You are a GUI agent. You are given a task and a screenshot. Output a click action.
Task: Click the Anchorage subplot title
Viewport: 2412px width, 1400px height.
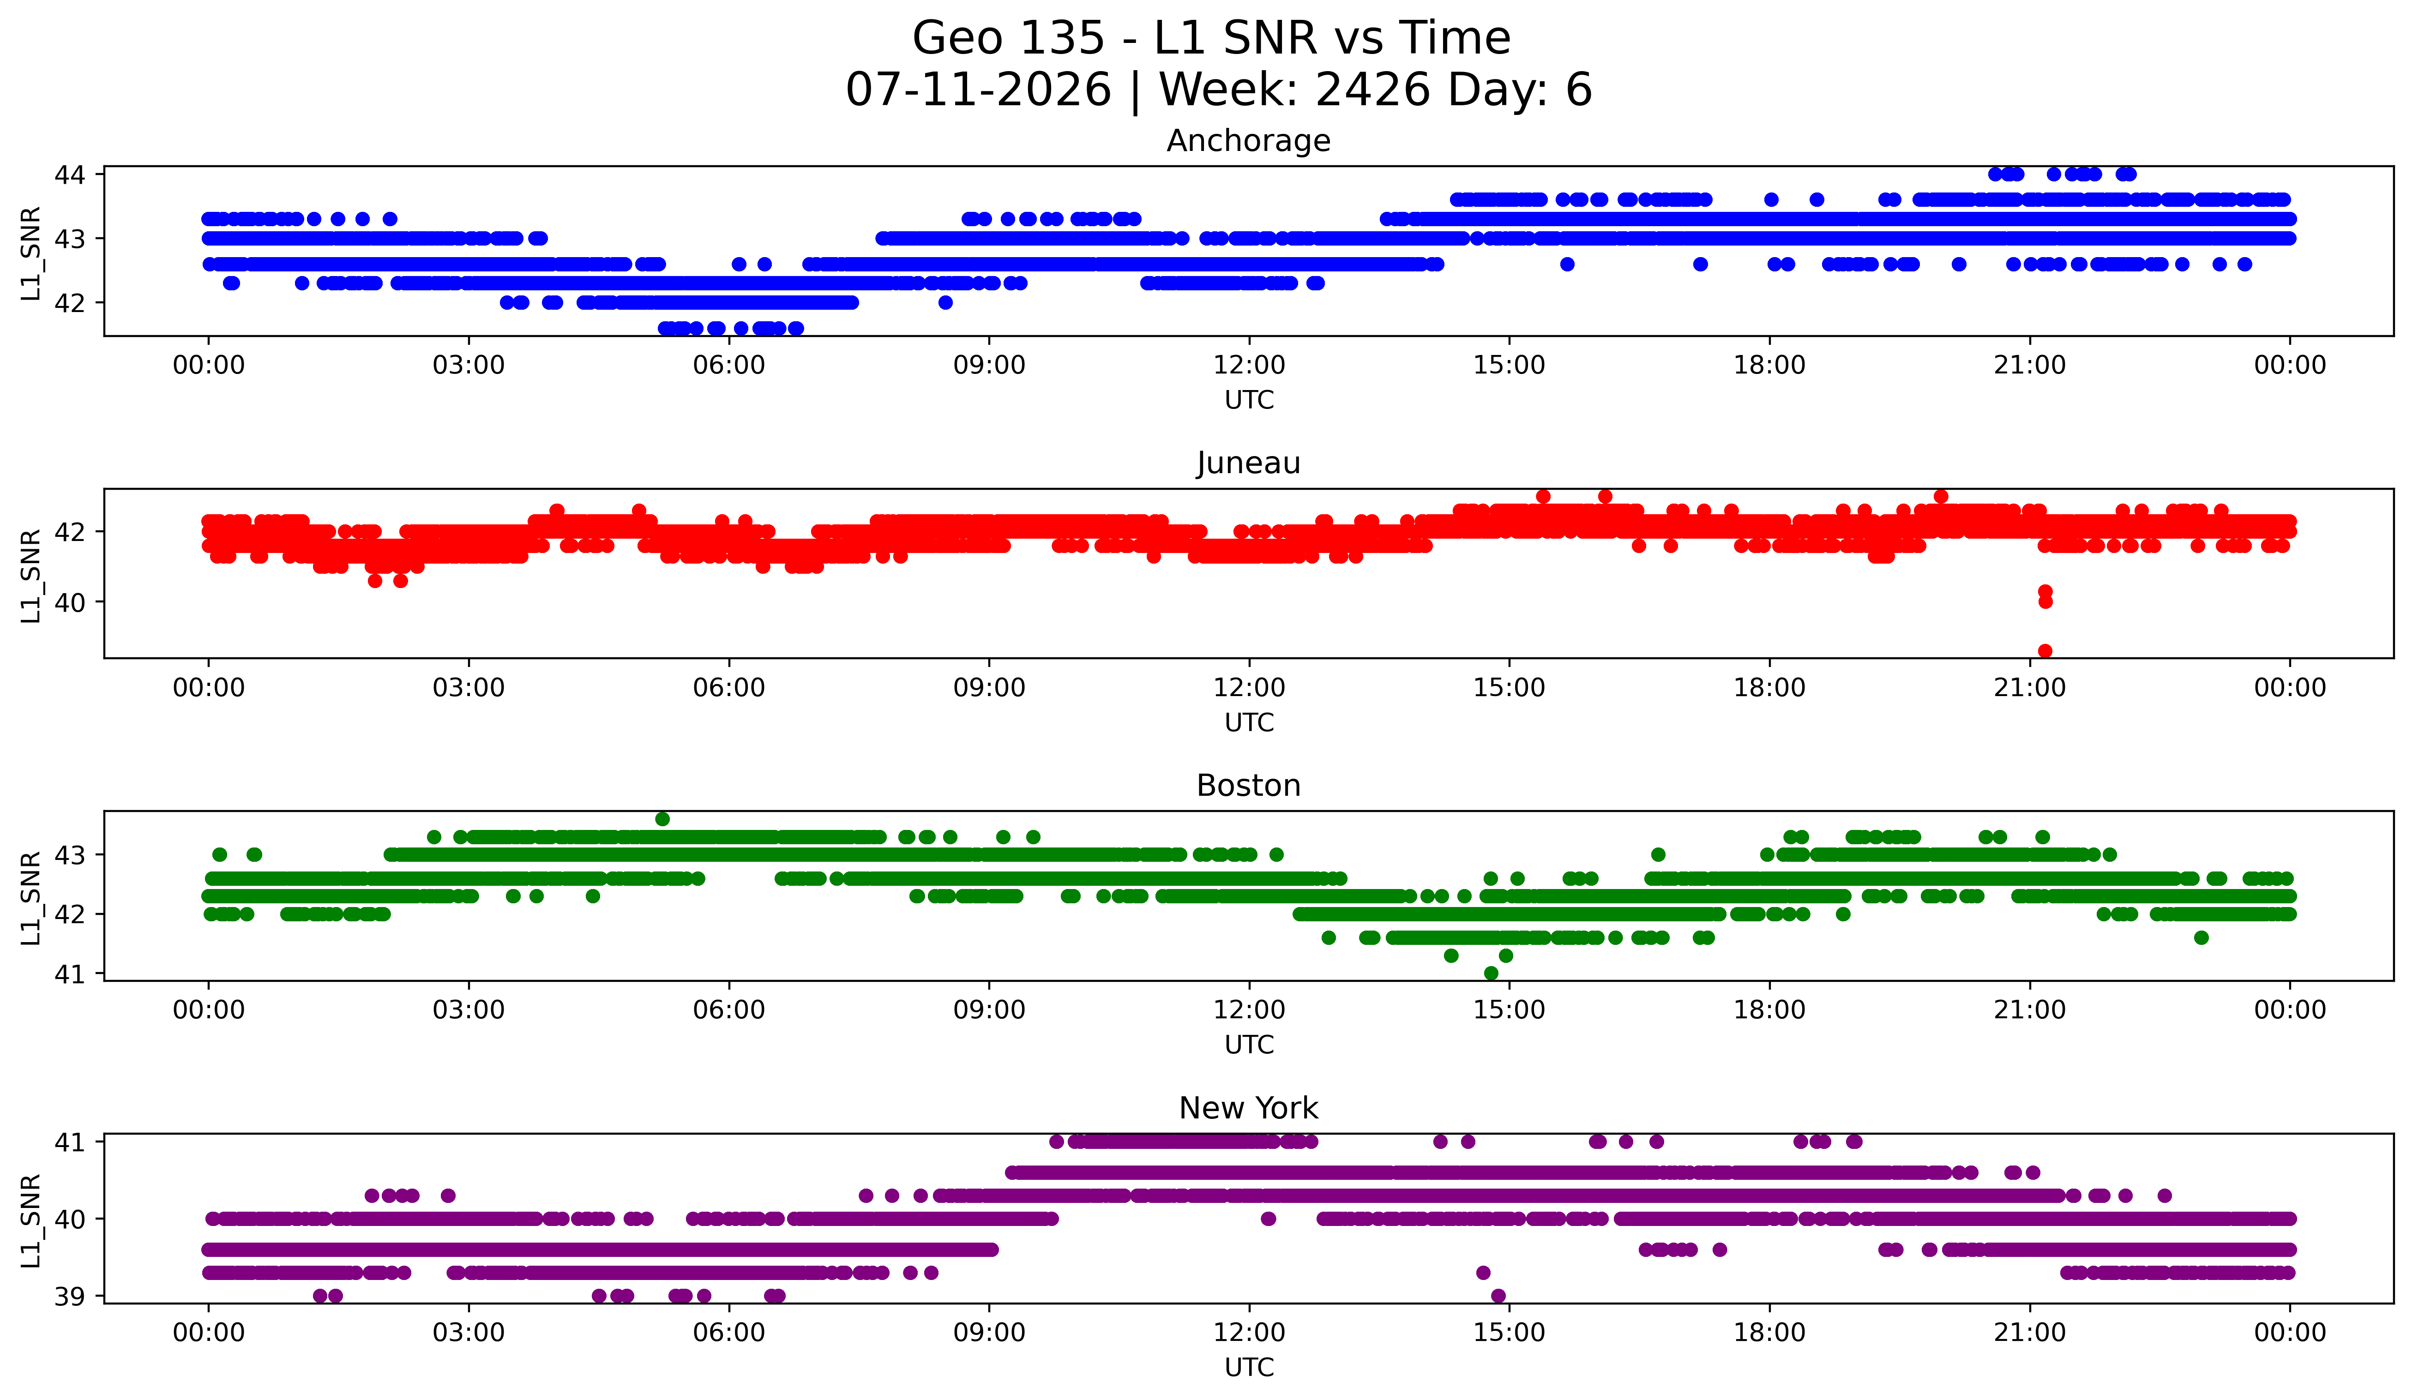click(1248, 141)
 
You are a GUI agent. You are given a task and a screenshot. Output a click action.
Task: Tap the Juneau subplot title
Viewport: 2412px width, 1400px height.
click(1248, 463)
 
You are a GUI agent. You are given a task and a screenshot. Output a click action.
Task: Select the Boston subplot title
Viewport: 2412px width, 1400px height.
click(1248, 786)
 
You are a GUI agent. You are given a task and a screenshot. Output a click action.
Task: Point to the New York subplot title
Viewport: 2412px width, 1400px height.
click(1248, 1108)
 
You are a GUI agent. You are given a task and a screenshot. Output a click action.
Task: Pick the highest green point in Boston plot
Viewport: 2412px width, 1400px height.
click(662, 819)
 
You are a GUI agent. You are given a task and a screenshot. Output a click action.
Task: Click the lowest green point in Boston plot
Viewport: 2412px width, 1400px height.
click(1490, 973)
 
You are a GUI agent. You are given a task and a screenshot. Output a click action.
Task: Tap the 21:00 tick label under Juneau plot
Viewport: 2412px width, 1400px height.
click(2029, 688)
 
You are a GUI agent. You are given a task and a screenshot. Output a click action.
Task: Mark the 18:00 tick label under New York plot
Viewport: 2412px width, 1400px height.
click(1769, 1333)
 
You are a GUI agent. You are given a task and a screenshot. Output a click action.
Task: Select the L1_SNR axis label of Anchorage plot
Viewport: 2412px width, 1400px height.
click(30, 253)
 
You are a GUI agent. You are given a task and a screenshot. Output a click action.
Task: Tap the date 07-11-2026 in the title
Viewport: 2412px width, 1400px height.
click(978, 90)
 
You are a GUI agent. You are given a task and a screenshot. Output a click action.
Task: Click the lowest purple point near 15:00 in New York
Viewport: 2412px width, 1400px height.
click(1498, 1296)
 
